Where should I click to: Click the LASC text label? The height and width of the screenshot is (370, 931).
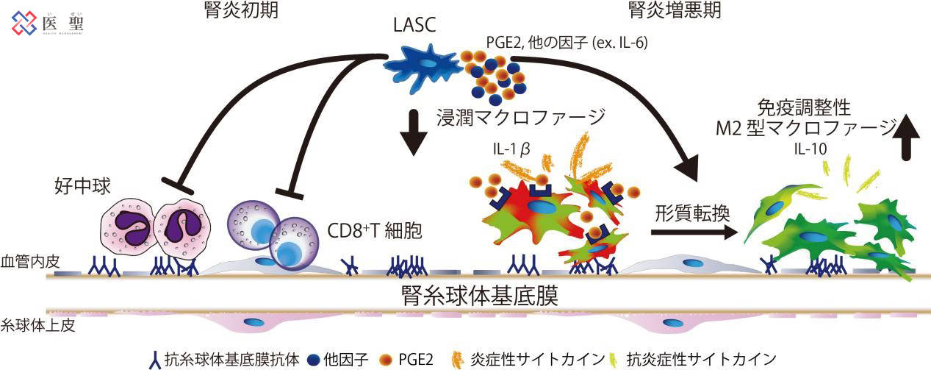click(414, 27)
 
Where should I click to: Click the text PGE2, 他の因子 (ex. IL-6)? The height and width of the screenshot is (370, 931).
click(556, 43)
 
